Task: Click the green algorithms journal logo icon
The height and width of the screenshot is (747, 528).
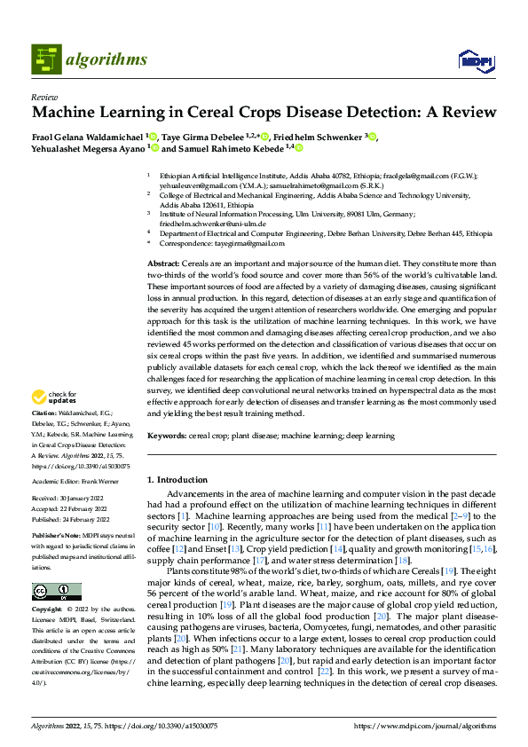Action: pyautogui.click(x=46, y=59)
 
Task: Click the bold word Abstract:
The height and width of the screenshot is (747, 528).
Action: pyautogui.click(x=162, y=264)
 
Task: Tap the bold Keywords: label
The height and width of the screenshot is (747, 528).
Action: pyautogui.click(x=166, y=436)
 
